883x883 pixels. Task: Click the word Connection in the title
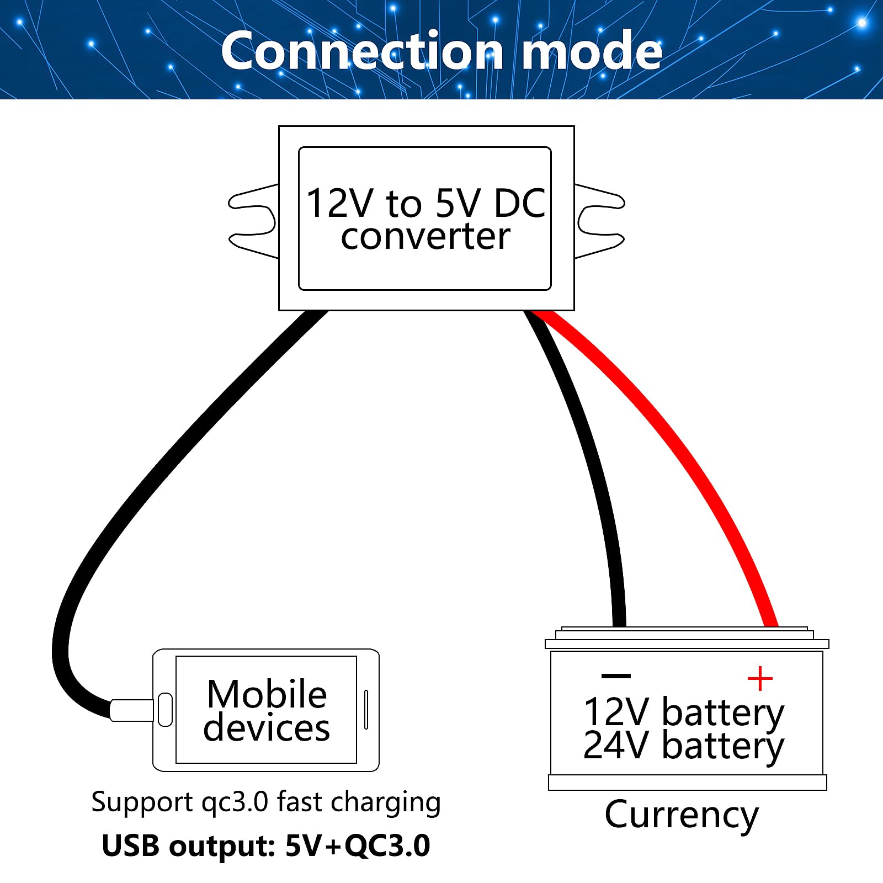[x=361, y=51]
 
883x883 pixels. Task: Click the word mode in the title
[x=592, y=51]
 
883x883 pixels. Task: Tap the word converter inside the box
[x=425, y=237]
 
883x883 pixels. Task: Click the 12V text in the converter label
[x=339, y=203]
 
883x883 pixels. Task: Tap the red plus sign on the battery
[x=760, y=678]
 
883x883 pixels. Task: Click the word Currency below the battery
[x=682, y=815]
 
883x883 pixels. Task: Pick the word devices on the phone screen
[x=267, y=728]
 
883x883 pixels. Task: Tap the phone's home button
[x=165, y=710]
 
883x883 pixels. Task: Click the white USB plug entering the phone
[x=131, y=710]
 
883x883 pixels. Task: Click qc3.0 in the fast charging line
[x=235, y=801]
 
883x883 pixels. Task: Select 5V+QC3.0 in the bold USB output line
[x=358, y=845]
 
